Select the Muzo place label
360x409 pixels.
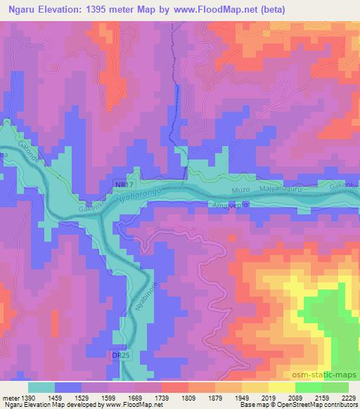240,190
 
